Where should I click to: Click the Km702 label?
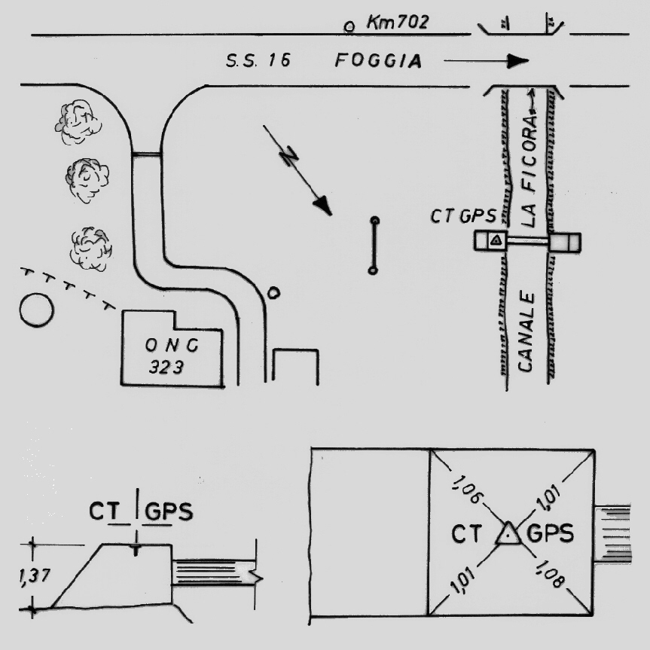point(397,22)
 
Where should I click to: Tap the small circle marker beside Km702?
point(349,27)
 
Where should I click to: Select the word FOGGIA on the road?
point(378,60)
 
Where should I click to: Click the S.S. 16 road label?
point(258,60)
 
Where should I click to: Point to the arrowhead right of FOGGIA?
point(518,61)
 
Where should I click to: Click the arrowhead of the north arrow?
point(323,206)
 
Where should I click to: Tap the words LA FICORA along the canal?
point(529,170)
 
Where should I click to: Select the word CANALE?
point(526,331)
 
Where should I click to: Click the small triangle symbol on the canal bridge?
point(497,240)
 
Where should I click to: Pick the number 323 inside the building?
point(166,368)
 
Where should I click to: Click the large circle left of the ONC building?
point(36,310)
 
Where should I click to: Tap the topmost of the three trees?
point(78,122)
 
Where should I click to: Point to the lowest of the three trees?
point(91,249)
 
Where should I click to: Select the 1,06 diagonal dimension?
point(466,490)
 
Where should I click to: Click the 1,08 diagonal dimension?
point(550,574)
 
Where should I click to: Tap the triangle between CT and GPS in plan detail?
point(508,533)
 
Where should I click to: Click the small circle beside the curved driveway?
point(273,293)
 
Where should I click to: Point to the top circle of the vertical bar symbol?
point(375,220)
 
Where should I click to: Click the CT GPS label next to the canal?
point(463,216)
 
